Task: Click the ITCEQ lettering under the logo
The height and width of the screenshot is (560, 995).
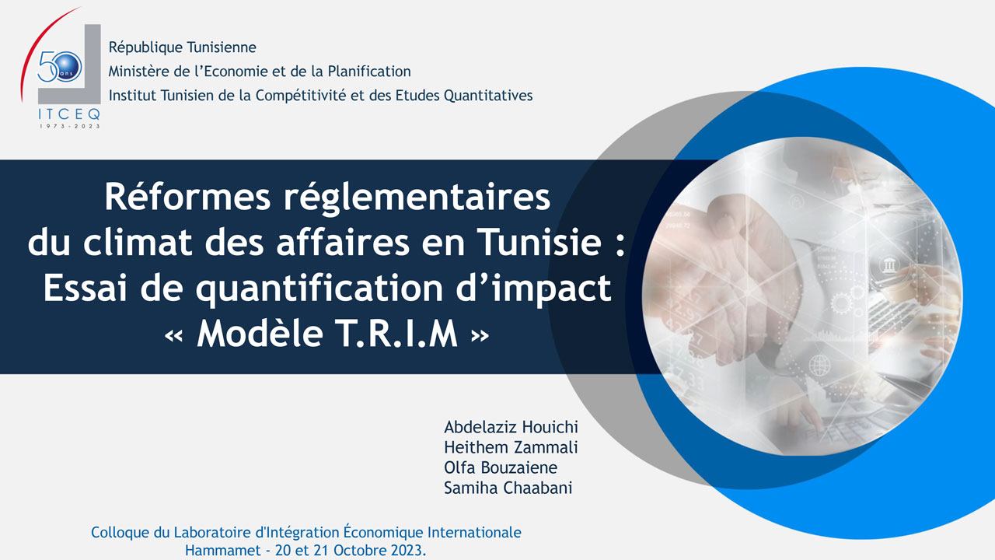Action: pyautogui.click(x=69, y=114)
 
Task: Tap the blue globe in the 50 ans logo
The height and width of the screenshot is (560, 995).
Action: pyautogui.click(x=68, y=67)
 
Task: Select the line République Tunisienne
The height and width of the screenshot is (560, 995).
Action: pyautogui.click(x=182, y=47)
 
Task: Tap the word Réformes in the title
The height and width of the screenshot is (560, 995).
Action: pyautogui.click(x=187, y=197)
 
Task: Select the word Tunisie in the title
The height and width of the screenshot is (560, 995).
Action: pyautogui.click(x=539, y=242)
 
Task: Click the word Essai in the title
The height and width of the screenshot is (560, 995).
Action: pyautogui.click(x=86, y=288)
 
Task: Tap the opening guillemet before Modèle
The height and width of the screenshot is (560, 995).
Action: pyautogui.click(x=173, y=336)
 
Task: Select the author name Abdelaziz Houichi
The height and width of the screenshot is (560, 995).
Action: pyautogui.click(x=511, y=427)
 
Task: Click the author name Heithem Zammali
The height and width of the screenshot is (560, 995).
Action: pyautogui.click(x=511, y=447)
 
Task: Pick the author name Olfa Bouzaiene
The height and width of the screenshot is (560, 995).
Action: pyautogui.click(x=501, y=467)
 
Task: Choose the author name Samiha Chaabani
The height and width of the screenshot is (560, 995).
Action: pyautogui.click(x=508, y=488)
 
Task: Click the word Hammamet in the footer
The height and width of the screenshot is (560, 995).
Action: pyautogui.click(x=223, y=550)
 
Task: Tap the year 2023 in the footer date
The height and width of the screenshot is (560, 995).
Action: pyautogui.click(x=407, y=550)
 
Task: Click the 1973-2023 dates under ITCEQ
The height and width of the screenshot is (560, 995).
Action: pyautogui.click(x=70, y=126)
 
